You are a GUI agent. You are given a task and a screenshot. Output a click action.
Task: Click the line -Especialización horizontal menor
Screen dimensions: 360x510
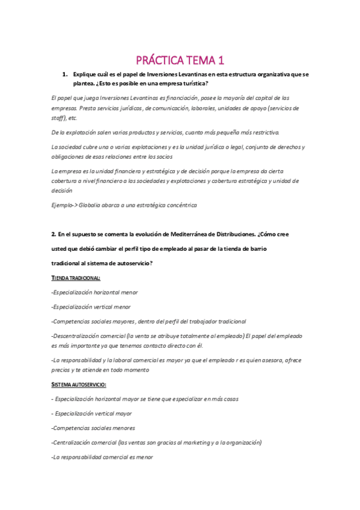pos(95,292)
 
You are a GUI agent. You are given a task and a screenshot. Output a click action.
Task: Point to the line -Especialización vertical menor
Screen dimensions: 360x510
pos(91,307)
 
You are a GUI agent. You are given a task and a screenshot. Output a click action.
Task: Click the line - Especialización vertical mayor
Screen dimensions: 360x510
pos(92,413)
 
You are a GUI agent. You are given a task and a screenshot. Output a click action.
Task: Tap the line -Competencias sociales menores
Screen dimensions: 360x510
pos(93,428)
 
